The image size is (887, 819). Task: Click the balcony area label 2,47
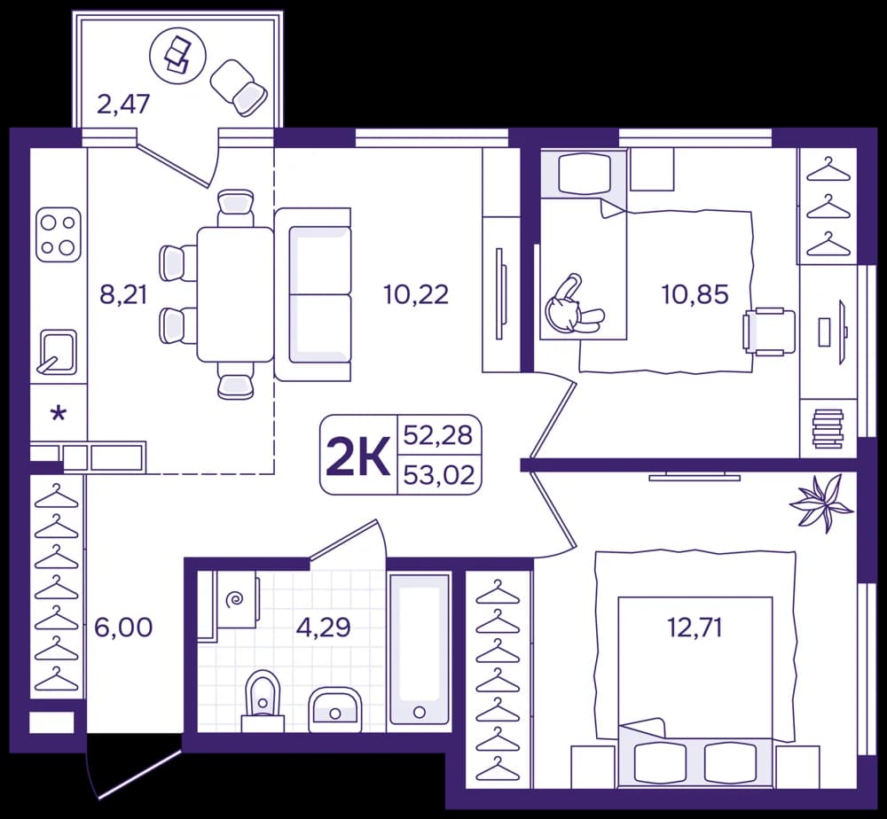pyautogui.click(x=123, y=105)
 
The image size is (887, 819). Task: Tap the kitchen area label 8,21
pyautogui.click(x=123, y=294)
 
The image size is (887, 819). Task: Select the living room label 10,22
pyautogui.click(x=416, y=294)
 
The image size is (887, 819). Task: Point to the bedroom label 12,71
pyautogui.click(x=695, y=628)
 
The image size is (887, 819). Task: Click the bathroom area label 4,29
pyautogui.click(x=324, y=628)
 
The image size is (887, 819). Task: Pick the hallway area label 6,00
pyautogui.click(x=123, y=628)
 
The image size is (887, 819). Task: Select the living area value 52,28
pyautogui.click(x=438, y=435)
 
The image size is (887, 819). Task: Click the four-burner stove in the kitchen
pyautogui.click(x=59, y=235)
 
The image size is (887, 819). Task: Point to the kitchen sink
pyautogui.click(x=57, y=353)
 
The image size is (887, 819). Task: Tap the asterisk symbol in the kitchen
pyautogui.click(x=58, y=414)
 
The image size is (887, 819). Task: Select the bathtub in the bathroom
pyautogui.click(x=420, y=650)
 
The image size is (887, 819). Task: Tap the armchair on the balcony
pyautogui.click(x=239, y=87)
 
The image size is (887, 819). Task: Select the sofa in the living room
pyautogui.click(x=313, y=294)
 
